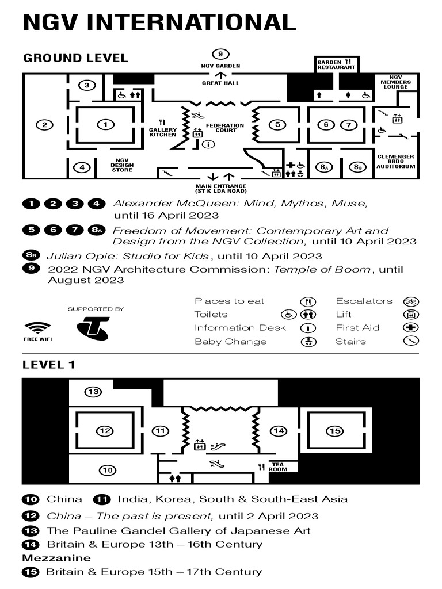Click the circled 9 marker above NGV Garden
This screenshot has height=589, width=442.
click(220, 55)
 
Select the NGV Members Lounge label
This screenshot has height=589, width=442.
click(395, 82)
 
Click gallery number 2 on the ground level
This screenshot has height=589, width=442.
click(44, 124)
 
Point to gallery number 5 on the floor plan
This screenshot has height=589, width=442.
click(277, 124)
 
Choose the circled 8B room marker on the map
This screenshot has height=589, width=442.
click(359, 167)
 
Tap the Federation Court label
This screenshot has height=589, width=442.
click(225, 128)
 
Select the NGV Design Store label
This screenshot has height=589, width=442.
click(121, 165)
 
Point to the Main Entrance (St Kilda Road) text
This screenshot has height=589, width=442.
click(221, 189)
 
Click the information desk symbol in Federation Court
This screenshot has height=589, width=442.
click(208, 144)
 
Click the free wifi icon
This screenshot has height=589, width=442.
click(37, 328)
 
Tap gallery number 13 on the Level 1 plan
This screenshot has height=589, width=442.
click(93, 392)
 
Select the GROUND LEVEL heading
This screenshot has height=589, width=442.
click(75, 58)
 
